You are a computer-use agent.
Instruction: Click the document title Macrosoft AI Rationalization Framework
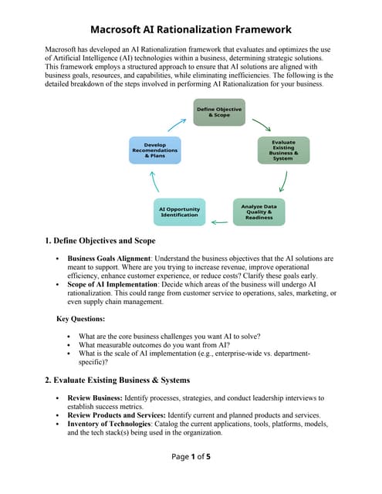click(191, 29)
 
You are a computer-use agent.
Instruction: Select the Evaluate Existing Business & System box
click(282, 150)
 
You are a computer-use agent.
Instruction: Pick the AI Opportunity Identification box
click(179, 212)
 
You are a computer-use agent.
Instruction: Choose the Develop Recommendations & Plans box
click(154, 150)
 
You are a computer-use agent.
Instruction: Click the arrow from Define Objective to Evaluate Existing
click(261, 124)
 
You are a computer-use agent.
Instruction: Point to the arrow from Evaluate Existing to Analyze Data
click(284, 182)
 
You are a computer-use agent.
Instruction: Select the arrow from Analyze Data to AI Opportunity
click(219, 222)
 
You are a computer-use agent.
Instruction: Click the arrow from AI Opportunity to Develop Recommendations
click(154, 182)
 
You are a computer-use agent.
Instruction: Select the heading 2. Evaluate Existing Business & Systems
click(120, 380)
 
